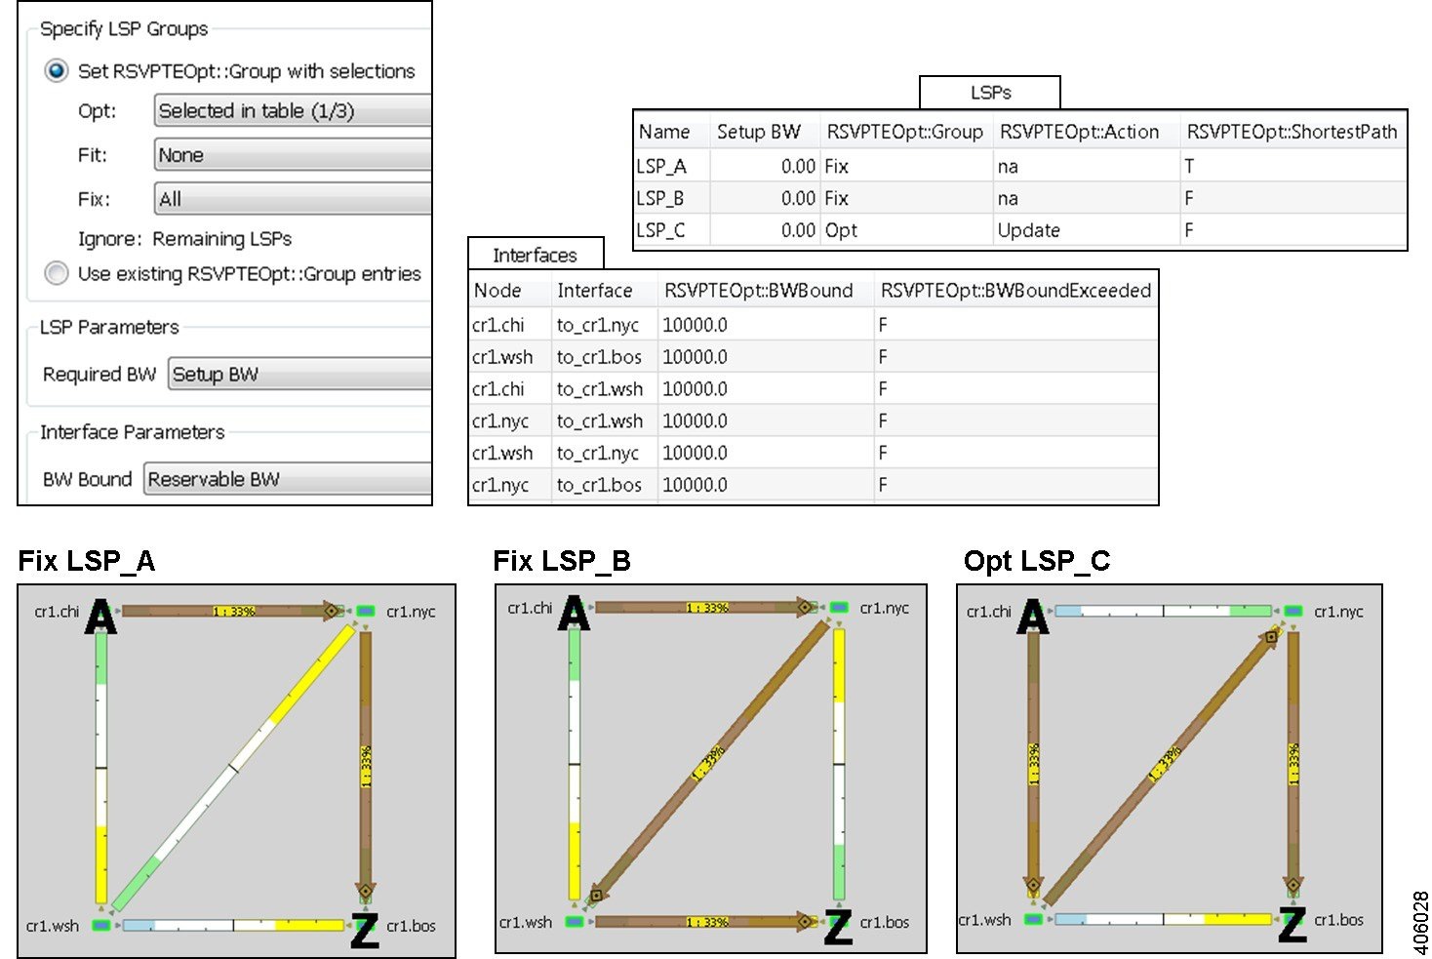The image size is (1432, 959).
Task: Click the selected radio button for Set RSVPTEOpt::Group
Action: [57, 71]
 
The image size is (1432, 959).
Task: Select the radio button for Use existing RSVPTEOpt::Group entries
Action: [57, 274]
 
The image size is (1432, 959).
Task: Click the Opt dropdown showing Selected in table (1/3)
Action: [293, 111]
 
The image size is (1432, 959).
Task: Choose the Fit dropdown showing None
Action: [293, 155]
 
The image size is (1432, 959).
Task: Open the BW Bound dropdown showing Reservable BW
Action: [288, 480]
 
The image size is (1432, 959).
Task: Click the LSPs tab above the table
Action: [990, 93]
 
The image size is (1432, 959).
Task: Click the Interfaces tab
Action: [535, 256]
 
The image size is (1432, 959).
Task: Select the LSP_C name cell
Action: [660, 230]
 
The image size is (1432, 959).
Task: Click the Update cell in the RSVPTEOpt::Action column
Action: [1028, 230]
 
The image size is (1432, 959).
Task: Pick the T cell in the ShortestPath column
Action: [1189, 167]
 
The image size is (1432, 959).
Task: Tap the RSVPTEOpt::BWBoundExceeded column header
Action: [1015, 291]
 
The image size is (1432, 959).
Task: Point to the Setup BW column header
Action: [758, 132]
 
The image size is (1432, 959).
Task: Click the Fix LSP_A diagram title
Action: [87, 561]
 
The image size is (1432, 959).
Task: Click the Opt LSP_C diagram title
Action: [1037, 561]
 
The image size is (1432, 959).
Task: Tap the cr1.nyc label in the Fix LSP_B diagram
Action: [884, 608]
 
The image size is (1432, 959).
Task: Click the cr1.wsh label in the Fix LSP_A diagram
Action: [53, 926]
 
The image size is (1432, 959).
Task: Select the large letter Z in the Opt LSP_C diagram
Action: [1293, 924]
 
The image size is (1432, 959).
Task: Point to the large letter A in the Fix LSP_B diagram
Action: [574, 614]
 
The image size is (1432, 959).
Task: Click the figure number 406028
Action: [1420, 923]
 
